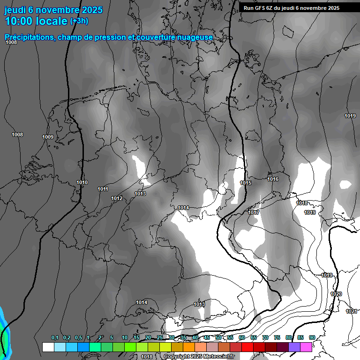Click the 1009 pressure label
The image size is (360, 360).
48,137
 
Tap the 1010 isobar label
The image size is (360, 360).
82,182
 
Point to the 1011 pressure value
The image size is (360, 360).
103,189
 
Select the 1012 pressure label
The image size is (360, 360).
117,198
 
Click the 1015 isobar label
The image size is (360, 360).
246,183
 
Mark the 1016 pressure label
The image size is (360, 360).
273,179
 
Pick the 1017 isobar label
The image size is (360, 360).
254,213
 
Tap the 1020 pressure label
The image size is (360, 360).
336,294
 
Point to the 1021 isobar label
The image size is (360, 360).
351,311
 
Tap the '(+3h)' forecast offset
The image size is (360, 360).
79,21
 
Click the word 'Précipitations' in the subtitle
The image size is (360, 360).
29,37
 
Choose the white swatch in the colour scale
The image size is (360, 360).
48,347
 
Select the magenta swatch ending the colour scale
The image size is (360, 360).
306,347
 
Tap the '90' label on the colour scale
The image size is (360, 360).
312,338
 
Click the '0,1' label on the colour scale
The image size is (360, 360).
54,338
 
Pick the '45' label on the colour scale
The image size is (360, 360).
207,338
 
